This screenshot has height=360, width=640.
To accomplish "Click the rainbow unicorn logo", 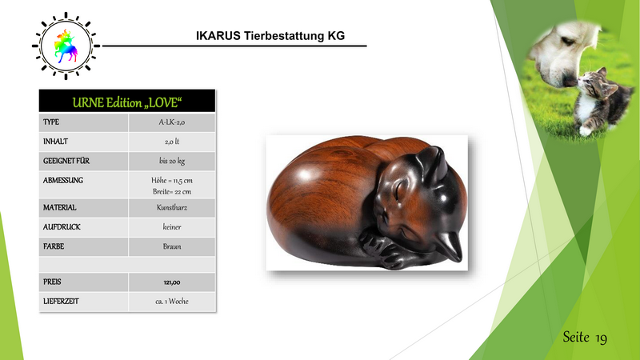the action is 66,46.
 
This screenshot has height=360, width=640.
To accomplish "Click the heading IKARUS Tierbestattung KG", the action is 270,36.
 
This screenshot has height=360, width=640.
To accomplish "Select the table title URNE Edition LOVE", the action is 127,102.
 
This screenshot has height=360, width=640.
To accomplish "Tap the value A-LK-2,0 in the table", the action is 172,122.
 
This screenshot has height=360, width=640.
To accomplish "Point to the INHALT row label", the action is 55,142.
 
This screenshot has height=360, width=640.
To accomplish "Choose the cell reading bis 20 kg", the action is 172,161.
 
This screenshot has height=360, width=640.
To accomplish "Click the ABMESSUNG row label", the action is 63,180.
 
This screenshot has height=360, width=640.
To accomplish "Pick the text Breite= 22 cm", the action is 172,191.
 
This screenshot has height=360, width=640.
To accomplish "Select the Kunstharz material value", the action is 172,207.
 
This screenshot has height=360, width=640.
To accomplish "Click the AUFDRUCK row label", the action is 62,227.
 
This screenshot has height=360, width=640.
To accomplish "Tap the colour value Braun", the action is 172,246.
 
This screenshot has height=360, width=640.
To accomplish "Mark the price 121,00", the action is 172,282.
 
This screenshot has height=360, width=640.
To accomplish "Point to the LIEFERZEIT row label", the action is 61,302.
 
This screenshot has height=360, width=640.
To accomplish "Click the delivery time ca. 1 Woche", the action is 172,302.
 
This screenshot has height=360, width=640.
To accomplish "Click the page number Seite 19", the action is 585,338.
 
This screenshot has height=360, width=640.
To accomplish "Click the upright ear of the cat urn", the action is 434,162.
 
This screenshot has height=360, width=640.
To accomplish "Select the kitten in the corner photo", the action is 601,102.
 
